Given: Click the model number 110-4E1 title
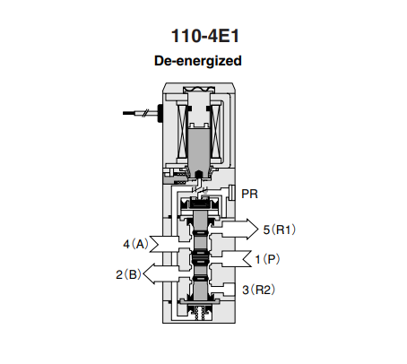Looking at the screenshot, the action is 205,36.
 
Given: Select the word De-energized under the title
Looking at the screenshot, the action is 198,61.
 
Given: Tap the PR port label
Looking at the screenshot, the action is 249,194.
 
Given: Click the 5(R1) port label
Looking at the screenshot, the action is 280,230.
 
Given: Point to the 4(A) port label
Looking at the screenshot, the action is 136,244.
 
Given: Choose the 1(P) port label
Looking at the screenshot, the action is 267,259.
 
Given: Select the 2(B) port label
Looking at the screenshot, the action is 128,274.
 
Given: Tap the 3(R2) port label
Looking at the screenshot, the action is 259,290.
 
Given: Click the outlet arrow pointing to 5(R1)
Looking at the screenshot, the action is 238,230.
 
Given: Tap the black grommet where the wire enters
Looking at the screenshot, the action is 160,113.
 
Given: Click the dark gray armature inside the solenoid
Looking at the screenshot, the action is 199,148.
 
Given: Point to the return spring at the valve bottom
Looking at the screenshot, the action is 199,314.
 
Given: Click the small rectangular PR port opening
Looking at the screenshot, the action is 231,193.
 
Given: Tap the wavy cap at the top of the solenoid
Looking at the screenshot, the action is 199,89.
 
